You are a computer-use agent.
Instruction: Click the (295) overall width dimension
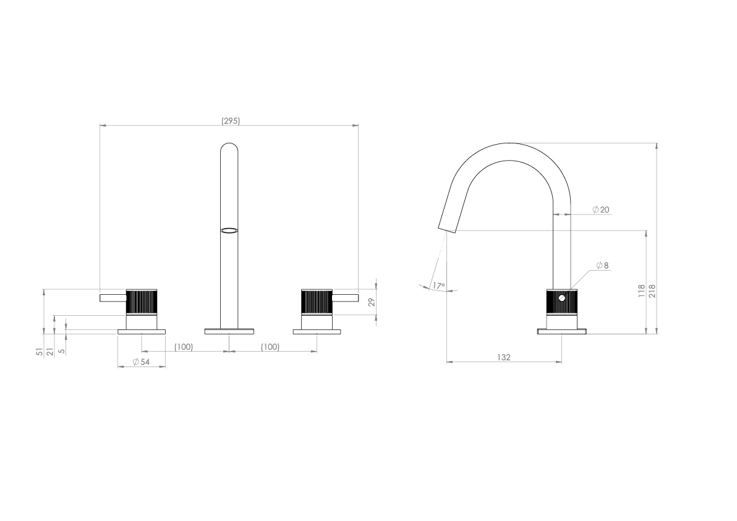[x=230, y=121]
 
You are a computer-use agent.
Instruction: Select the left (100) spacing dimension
[x=183, y=347]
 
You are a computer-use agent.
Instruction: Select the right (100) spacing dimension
[x=270, y=347]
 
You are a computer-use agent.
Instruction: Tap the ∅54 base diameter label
[x=142, y=362]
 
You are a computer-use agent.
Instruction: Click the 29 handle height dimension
[x=371, y=302]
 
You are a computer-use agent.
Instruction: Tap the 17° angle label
[x=438, y=286]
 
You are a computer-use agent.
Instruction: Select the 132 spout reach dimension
[x=504, y=357]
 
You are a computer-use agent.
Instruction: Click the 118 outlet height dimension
[x=641, y=290]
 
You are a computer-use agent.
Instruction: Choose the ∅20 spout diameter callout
[x=600, y=210]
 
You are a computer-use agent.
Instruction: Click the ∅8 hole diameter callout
[x=602, y=265]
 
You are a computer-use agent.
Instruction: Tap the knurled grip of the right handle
[x=317, y=301]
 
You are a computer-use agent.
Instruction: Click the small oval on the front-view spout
[x=229, y=231]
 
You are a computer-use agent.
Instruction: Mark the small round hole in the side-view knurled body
[x=561, y=299]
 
